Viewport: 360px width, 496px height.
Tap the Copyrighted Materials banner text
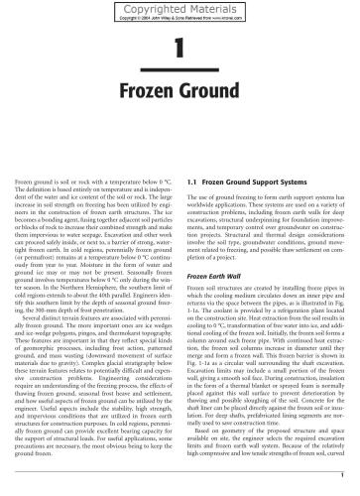(180, 7)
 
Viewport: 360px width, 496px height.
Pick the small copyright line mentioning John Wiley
(180, 17)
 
